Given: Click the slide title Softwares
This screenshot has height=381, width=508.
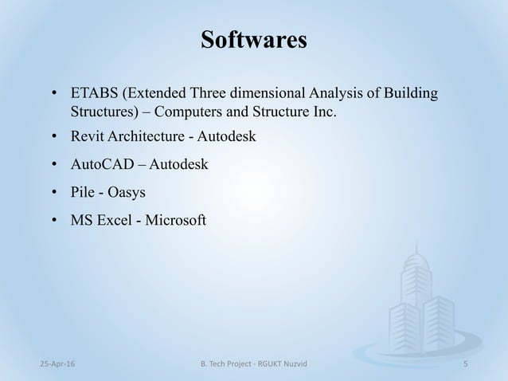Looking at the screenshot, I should (254, 40).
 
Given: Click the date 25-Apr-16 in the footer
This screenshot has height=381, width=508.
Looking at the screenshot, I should (43, 363).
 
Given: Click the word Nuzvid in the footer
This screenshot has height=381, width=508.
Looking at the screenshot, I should (291, 363).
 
